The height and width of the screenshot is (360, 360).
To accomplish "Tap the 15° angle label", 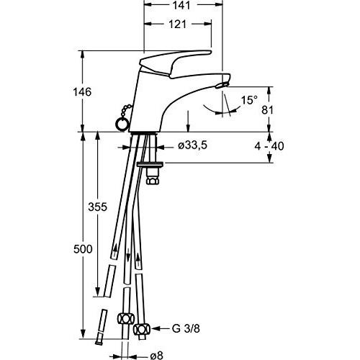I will point(249,101).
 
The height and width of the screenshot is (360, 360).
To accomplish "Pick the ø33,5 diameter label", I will point(192,146).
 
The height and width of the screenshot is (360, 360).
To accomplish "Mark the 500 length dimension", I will point(84,249).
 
